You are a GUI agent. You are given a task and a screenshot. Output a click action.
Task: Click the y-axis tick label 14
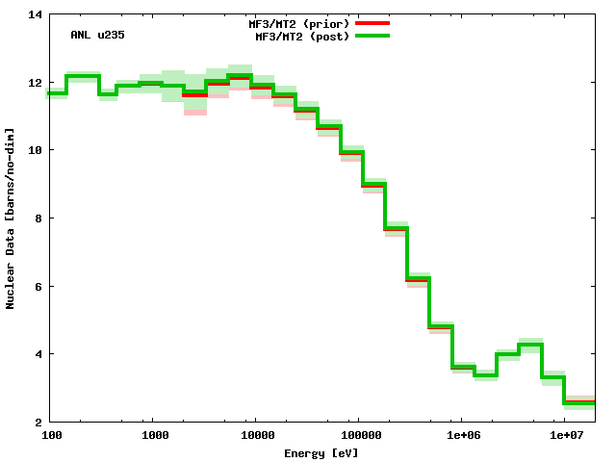(35, 14)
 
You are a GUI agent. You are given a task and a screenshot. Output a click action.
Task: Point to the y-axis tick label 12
(35, 83)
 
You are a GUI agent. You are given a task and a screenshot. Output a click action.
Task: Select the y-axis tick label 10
(35, 150)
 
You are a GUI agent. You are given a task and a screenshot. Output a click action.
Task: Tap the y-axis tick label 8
(38, 218)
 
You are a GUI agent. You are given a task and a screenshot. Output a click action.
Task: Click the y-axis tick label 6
(38, 286)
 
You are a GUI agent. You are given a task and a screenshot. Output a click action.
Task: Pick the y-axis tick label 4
(38, 354)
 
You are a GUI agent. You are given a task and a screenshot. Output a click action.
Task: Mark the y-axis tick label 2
(38, 422)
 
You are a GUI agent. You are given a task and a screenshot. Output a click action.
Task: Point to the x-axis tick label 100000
(358, 436)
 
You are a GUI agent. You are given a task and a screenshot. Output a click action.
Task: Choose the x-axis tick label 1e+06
(462, 436)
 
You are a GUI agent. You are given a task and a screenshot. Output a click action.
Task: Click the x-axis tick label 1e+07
(566, 436)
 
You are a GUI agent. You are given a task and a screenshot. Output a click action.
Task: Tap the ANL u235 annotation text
(97, 35)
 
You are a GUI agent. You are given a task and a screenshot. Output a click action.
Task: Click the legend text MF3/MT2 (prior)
(299, 22)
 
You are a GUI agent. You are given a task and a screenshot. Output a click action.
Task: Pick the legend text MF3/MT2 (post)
(302, 36)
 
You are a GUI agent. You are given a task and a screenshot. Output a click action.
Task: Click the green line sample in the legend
(372, 36)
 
